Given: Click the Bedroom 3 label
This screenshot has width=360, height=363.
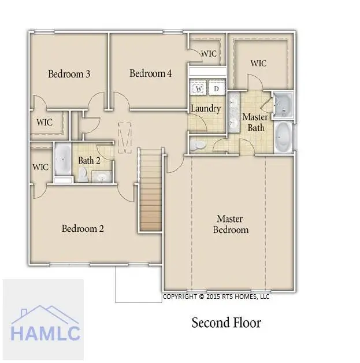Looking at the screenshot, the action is click(x=69, y=74).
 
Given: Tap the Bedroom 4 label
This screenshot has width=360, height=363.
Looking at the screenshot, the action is click(x=150, y=73).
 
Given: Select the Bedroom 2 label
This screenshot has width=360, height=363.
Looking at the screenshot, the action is click(x=83, y=228).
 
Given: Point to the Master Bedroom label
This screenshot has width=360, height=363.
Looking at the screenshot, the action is click(x=231, y=224).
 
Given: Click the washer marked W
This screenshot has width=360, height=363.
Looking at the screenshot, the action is click(x=199, y=88).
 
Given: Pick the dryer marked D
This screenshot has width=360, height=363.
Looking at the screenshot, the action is click(x=217, y=88).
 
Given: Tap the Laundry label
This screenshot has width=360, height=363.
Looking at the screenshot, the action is click(x=206, y=108).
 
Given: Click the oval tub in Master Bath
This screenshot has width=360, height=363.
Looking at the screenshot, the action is click(x=283, y=137).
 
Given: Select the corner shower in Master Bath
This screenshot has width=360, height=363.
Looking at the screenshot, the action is click(x=283, y=105).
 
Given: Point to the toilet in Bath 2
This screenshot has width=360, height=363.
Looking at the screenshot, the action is click(x=83, y=174).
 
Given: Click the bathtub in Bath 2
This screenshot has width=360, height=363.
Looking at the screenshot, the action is click(x=63, y=159).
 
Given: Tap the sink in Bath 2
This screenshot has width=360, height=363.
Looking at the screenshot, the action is click(x=102, y=177).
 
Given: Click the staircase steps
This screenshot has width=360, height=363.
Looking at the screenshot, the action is click(x=151, y=190).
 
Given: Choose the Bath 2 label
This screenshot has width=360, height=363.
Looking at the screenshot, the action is click(x=89, y=160).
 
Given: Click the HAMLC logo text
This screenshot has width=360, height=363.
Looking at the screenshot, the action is click(x=45, y=334).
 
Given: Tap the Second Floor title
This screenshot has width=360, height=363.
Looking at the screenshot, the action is click(x=227, y=323).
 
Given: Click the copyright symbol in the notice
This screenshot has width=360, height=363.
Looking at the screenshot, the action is click(x=202, y=297).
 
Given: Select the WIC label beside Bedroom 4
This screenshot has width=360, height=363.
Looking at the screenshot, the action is click(x=209, y=54).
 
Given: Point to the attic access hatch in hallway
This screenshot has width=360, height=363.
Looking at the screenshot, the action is click(x=125, y=138).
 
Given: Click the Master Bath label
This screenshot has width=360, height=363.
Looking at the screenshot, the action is click(x=255, y=122).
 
